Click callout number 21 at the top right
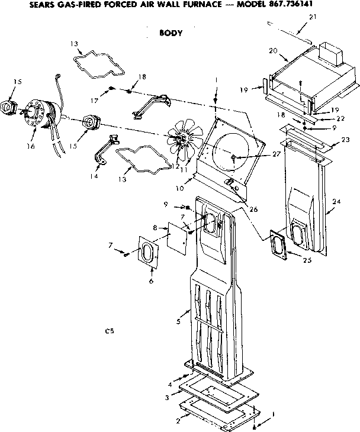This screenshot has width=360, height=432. tap(313, 17)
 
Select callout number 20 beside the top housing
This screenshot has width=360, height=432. tap(274, 51)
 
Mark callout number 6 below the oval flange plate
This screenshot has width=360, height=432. tap(151, 281)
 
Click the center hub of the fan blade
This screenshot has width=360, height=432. tap(179, 140)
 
